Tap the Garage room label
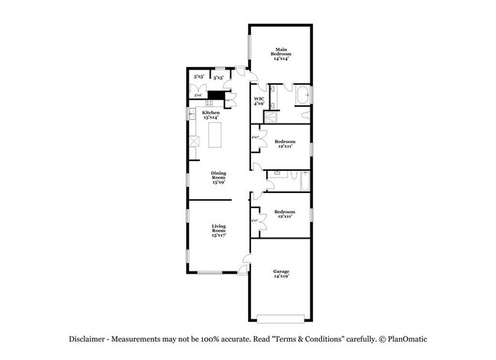pyautogui.click(x=282, y=272)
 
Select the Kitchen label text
pyautogui.click(x=211, y=113)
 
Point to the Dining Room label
pyautogui.click(x=219, y=175)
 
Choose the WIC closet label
pyautogui.click(x=259, y=99)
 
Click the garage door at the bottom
pyautogui.click(x=281, y=318)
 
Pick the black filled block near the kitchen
pyautogui.click(x=216, y=96)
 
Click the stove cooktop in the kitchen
pyautogui.click(x=194, y=140)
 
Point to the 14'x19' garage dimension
pyautogui.click(x=282, y=277)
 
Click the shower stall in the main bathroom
pyautogui.click(x=271, y=117)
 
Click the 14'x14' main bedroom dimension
pyautogui.click(x=282, y=59)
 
